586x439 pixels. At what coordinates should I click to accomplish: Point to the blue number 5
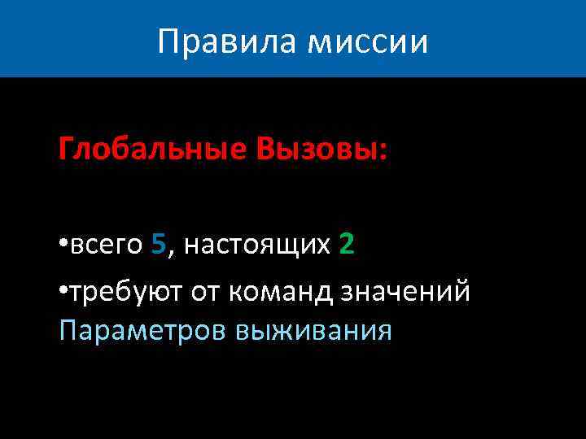coord(159,244)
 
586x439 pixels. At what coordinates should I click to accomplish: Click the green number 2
coord(346,244)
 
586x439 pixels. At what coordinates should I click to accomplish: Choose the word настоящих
coord(256,245)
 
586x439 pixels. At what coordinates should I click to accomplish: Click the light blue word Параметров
coord(142,331)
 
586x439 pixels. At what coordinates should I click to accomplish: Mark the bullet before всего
coord(63,246)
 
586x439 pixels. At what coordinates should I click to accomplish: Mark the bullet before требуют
coord(63,292)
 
